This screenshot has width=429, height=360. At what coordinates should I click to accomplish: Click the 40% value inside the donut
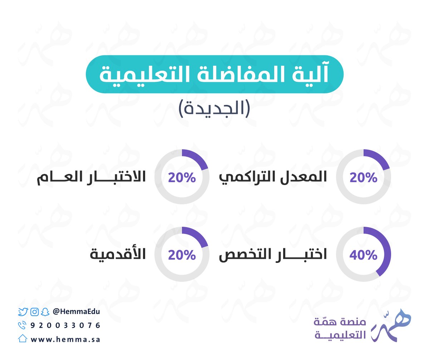(x=363, y=255)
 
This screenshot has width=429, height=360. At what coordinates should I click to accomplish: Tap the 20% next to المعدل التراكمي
(x=363, y=177)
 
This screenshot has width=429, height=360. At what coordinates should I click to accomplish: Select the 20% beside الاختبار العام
(x=182, y=177)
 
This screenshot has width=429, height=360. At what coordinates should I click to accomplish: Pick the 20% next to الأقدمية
(x=182, y=255)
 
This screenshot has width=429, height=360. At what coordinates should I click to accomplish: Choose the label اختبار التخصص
(x=273, y=255)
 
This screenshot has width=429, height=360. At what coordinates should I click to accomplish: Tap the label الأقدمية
(x=118, y=255)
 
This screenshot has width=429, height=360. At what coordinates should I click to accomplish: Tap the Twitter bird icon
(x=23, y=312)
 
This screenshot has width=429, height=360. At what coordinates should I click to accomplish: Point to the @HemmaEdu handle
(x=76, y=311)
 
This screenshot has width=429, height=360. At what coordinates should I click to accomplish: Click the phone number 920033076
(x=65, y=325)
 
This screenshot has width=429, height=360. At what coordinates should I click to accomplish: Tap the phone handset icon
(x=22, y=325)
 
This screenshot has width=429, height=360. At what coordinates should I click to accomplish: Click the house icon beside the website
(x=23, y=339)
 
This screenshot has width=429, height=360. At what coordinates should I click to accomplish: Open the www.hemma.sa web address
(x=65, y=340)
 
